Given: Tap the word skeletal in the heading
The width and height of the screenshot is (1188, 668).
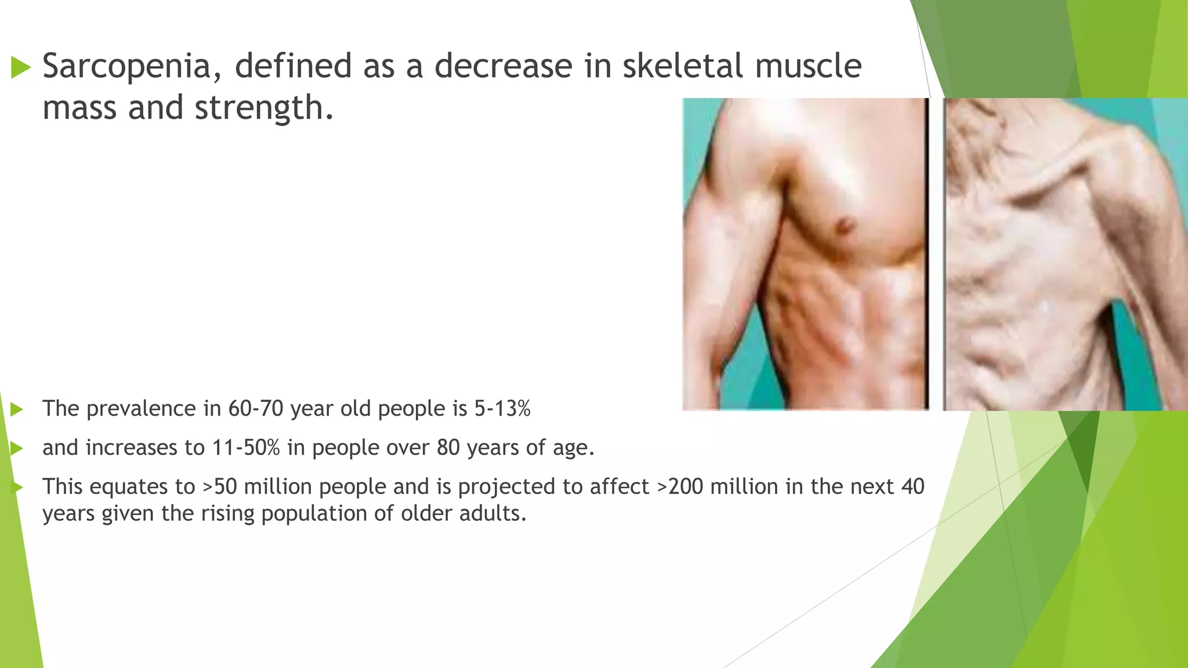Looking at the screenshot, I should pos(682,66).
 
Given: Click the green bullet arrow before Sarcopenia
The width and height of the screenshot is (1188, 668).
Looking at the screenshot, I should pos(21,68).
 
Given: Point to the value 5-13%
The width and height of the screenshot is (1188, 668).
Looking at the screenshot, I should pos(502,409).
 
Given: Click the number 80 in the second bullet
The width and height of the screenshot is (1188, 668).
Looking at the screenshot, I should pos(448,448).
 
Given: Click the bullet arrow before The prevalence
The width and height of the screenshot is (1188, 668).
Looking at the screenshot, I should pos(17,410).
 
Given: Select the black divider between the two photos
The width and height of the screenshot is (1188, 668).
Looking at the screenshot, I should pos(928,255).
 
